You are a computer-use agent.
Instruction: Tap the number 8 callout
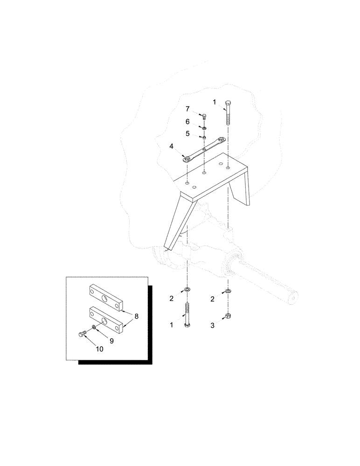[136, 316]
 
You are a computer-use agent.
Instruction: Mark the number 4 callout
[171, 146]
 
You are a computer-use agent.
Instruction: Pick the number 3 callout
[213, 326]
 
